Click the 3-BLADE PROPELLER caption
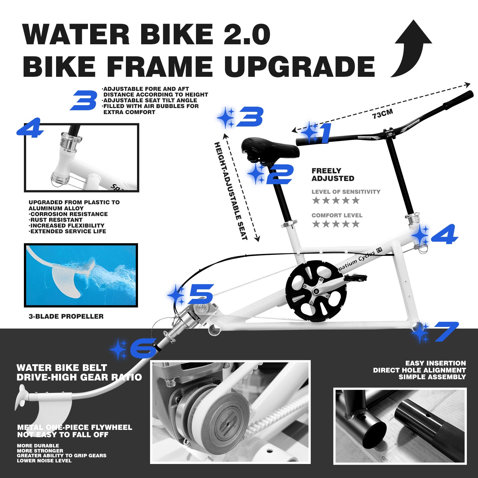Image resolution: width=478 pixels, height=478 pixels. pyautogui.click(x=66, y=316)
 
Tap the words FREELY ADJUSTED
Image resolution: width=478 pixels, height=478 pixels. pyautogui.click(x=333, y=175)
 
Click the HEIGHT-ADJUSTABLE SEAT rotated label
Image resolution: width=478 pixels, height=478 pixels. pyautogui.click(x=231, y=191)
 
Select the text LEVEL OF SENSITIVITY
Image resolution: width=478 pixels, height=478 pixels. pyautogui.click(x=346, y=192)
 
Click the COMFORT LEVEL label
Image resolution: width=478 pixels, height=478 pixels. pyautogui.click(x=337, y=215)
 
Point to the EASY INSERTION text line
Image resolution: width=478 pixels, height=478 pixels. pyautogui.click(x=435, y=363)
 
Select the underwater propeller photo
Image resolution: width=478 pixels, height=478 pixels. pyautogui.click(x=81, y=275)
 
